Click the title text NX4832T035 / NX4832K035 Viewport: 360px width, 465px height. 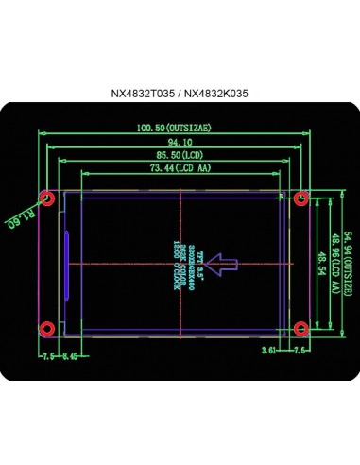(180, 95)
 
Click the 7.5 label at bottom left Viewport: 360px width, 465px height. (47, 357)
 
